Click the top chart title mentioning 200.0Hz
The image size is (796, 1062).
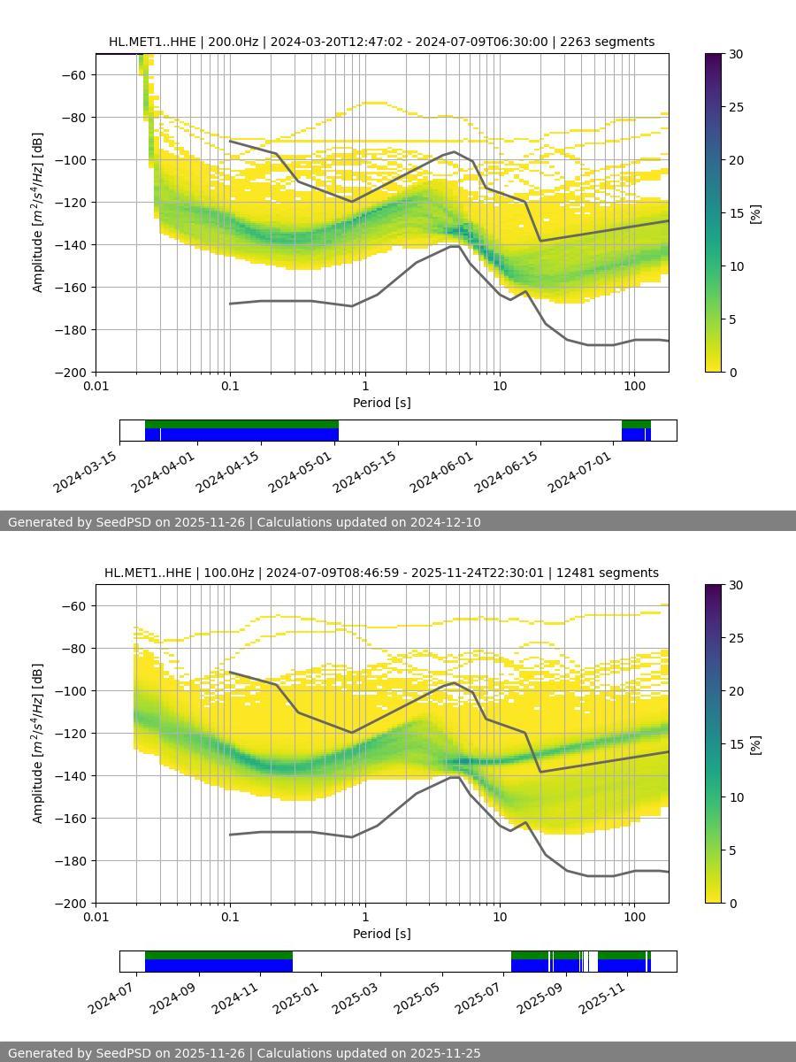(x=381, y=42)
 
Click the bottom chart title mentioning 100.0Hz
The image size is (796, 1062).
(x=381, y=573)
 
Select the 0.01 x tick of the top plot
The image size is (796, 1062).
(x=96, y=385)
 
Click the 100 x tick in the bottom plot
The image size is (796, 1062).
(x=634, y=916)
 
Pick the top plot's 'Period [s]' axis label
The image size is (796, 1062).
(x=381, y=403)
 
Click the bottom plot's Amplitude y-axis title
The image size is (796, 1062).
(x=37, y=743)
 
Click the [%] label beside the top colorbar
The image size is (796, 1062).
(x=755, y=213)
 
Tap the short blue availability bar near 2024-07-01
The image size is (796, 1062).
(x=636, y=435)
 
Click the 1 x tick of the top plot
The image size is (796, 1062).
(x=365, y=385)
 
